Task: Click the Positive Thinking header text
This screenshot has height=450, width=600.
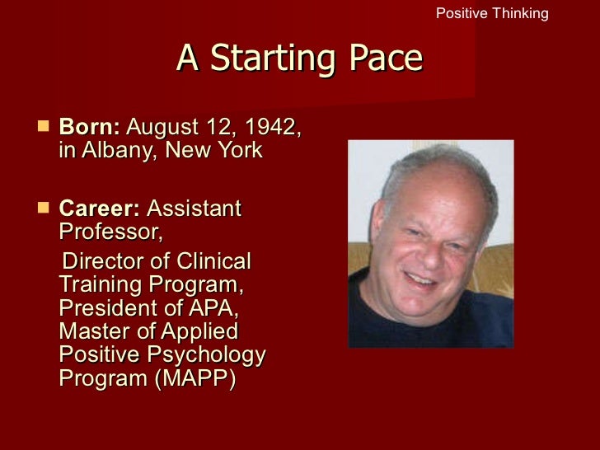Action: (491, 13)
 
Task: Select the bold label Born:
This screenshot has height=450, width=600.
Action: (90, 129)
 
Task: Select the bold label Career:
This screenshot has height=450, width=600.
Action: (100, 209)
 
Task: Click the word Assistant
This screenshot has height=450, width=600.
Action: (194, 209)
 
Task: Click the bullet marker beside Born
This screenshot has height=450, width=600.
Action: (43, 129)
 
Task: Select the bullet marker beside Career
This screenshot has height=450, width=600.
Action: (43, 209)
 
